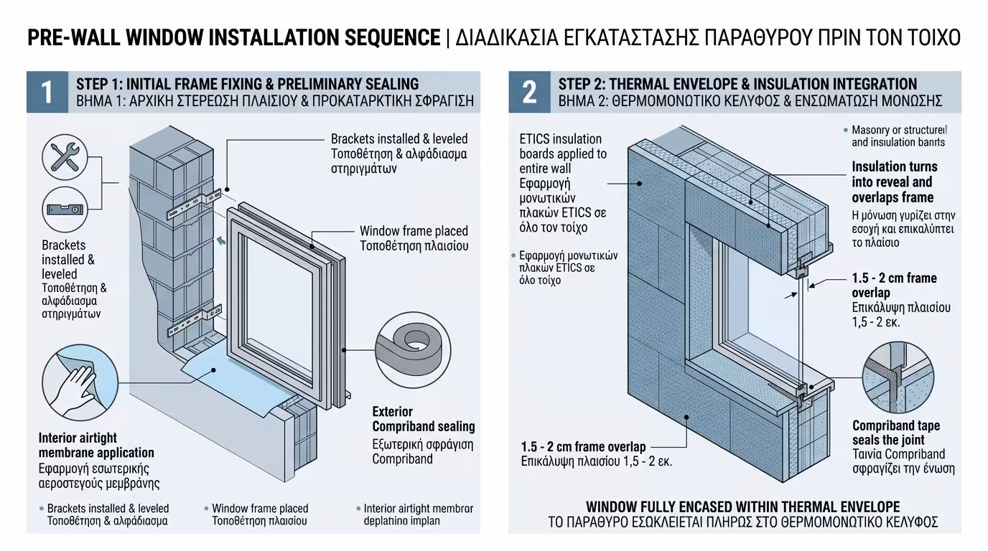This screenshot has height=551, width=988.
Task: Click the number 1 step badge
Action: [x=47, y=92]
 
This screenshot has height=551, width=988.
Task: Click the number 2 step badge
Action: [x=529, y=92]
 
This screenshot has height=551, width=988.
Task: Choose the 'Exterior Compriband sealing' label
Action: [x=423, y=419]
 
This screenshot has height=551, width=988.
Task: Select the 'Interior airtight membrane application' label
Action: [x=96, y=445]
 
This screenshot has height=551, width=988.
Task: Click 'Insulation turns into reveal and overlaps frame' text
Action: [x=894, y=182]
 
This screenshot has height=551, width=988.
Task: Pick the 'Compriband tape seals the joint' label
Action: [x=895, y=433]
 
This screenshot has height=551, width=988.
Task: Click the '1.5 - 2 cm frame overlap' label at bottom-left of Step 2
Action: [x=583, y=447]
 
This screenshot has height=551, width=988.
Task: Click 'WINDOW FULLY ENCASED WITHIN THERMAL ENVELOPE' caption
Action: [x=742, y=507]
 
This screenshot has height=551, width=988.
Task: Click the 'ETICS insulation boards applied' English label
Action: [x=563, y=146]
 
